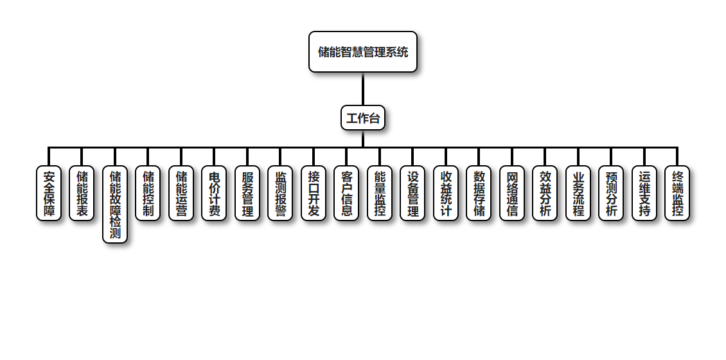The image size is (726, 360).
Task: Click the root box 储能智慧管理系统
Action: point(363,52)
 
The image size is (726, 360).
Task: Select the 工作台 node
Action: point(363,118)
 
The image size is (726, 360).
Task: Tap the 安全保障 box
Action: point(49,194)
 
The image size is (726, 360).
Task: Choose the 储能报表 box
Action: point(82,194)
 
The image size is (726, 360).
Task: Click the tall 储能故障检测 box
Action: point(115,204)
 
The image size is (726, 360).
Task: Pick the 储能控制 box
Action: point(148,194)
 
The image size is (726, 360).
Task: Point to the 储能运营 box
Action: point(181,194)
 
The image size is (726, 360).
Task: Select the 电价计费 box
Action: point(214,194)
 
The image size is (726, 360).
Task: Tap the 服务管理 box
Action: point(247,194)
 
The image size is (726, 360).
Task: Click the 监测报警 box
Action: point(280,194)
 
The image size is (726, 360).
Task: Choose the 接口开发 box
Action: point(314,194)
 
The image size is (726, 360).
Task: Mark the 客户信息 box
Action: point(346,194)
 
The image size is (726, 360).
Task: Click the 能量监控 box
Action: point(380,194)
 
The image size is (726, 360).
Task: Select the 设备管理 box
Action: point(412,194)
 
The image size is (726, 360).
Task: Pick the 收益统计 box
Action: point(446,194)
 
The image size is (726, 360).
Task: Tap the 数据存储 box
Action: point(479,194)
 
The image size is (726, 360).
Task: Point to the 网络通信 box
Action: point(512,194)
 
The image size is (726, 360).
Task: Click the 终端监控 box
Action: point(677,194)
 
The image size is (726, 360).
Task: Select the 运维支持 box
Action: point(644,194)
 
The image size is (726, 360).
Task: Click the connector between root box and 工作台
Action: point(363,89)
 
